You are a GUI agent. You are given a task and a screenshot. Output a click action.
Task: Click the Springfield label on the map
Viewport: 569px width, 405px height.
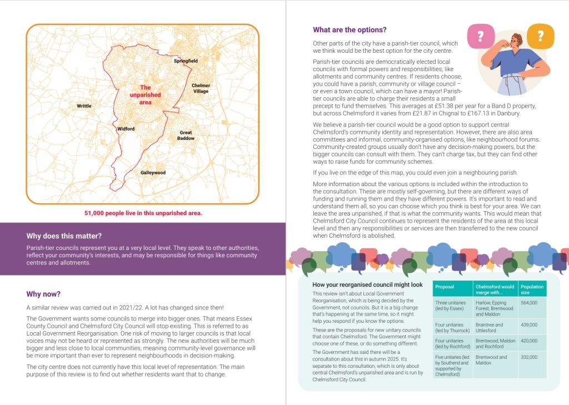click(186, 61)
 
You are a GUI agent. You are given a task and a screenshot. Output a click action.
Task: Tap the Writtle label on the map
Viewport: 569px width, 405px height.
click(84, 106)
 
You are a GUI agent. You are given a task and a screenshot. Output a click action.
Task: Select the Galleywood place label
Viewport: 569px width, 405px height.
click(153, 173)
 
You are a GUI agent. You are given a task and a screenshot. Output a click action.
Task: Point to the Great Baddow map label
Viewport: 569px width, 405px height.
click(187, 135)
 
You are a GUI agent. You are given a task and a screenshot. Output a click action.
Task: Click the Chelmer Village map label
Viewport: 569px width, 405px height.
click(201, 88)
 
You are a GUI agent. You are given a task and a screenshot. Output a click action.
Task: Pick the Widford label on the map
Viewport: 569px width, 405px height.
click(126, 129)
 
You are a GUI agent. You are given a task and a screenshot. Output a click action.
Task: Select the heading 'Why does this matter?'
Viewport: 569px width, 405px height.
click(64, 236)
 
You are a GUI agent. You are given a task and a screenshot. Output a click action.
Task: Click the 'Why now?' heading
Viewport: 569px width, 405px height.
click(43, 294)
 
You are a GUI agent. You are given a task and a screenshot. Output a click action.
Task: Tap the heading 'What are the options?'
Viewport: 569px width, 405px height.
click(350, 30)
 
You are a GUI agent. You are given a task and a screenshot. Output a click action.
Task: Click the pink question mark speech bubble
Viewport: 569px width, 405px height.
click(480, 36)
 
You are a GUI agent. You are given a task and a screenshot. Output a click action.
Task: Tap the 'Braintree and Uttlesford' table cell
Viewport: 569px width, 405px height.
click(489, 327)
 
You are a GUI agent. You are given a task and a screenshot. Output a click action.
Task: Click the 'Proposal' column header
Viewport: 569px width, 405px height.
click(445, 287)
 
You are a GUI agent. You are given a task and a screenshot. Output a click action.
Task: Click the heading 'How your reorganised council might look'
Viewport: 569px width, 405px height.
click(367, 284)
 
